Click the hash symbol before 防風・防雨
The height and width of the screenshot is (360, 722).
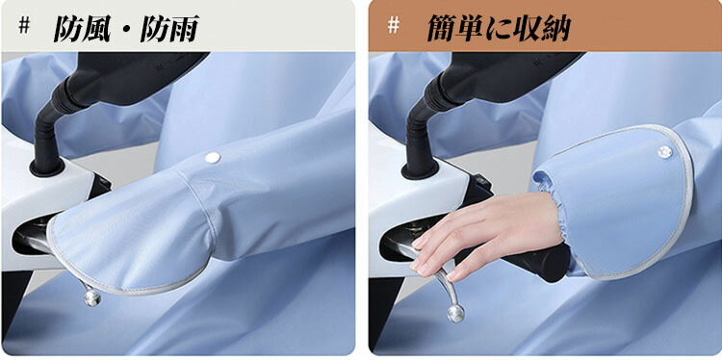tap(24, 26)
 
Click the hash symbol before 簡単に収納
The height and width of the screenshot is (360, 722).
tap(393, 26)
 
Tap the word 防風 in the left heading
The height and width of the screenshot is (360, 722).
tap(82, 30)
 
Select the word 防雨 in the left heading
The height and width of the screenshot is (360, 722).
tap(169, 30)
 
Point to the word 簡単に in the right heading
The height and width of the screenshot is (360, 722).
tap(471, 30)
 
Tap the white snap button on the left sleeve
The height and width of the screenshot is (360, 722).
tap(213, 158)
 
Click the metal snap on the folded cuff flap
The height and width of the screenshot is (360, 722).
tap(665, 151)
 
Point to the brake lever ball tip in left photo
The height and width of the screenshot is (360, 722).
tap(92, 297)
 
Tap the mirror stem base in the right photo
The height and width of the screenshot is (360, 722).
tap(420, 169)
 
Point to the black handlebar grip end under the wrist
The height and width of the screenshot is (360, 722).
tap(547, 266)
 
